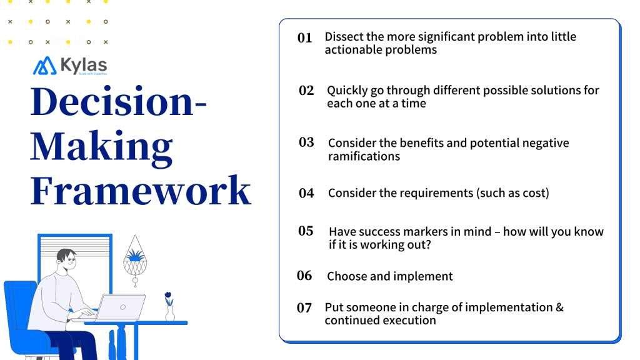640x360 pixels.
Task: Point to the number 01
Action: point(304,38)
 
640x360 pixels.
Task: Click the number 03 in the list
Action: point(306,142)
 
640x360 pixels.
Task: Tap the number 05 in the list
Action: point(306,231)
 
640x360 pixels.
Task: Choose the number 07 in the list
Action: point(304,307)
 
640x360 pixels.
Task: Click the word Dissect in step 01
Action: point(344,37)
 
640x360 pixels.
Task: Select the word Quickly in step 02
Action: point(348,91)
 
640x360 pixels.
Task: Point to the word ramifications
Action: point(364,156)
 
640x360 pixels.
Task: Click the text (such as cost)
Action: point(513,193)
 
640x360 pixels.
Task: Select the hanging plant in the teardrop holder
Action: point(134,256)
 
